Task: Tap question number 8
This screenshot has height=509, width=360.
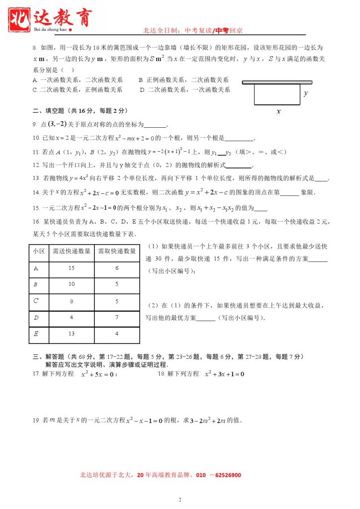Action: pos(34,48)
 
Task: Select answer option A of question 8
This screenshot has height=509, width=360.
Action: pos(34,80)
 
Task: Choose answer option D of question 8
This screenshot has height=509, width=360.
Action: pos(142,90)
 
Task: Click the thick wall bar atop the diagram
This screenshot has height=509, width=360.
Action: pos(277,82)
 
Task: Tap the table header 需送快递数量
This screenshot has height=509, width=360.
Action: pos(71,251)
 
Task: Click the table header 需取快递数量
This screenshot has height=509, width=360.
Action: pos(116,251)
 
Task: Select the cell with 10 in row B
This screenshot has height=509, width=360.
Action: pos(71,284)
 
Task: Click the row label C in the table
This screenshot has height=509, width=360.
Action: pos(36,301)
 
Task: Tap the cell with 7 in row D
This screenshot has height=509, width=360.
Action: pos(116,317)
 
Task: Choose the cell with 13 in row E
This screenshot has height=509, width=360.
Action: pos(71,334)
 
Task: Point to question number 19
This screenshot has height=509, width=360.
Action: pos(36,421)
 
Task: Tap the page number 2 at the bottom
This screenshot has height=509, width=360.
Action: pos(180,499)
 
